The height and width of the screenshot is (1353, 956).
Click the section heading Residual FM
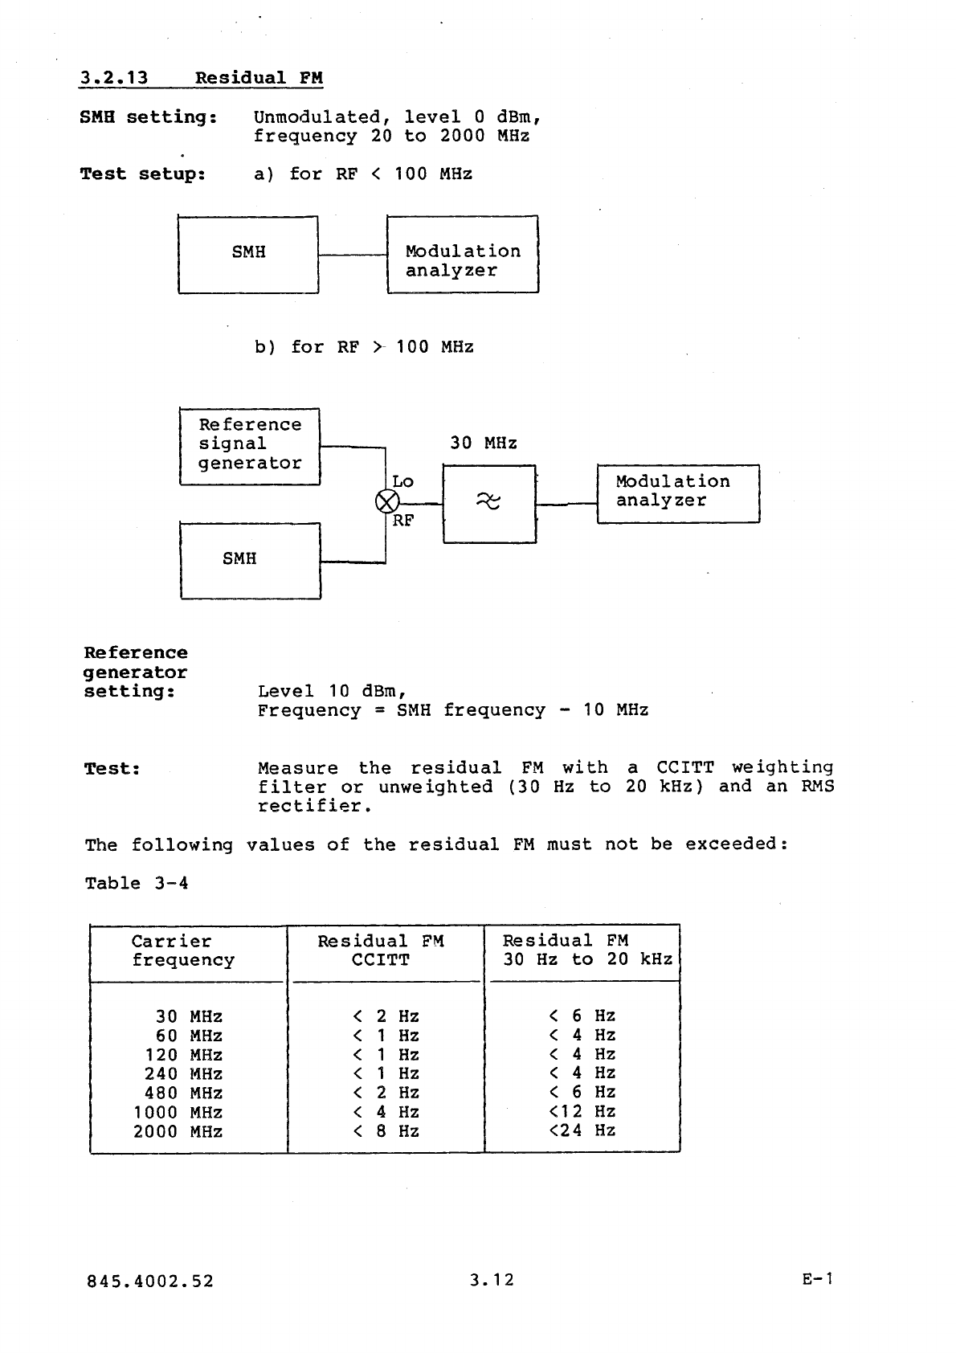click(x=259, y=78)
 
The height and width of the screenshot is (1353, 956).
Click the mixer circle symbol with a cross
click(x=386, y=502)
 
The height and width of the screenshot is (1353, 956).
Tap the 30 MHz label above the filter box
click(x=483, y=444)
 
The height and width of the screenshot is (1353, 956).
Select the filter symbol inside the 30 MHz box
click(x=488, y=502)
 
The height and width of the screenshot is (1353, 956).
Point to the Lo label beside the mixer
click(x=402, y=481)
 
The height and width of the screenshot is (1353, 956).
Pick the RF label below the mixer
click(x=403, y=521)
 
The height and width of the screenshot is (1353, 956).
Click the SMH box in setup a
click(x=248, y=254)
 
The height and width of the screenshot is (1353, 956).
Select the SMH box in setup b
click(x=250, y=560)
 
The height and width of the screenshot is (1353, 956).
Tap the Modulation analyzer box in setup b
click(x=677, y=493)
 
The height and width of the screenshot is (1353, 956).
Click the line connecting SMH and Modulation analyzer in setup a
click(x=353, y=255)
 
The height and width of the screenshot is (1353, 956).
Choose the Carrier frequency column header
click(x=183, y=951)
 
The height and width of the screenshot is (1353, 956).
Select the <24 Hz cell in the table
click(x=582, y=1130)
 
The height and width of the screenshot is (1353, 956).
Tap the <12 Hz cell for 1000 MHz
click(x=582, y=1112)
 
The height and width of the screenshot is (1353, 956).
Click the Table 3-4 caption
click(x=137, y=884)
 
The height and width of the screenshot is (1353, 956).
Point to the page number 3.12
click(x=492, y=1280)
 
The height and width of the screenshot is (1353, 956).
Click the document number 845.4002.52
click(x=150, y=1281)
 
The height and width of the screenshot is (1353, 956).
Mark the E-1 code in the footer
click(x=818, y=1279)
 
